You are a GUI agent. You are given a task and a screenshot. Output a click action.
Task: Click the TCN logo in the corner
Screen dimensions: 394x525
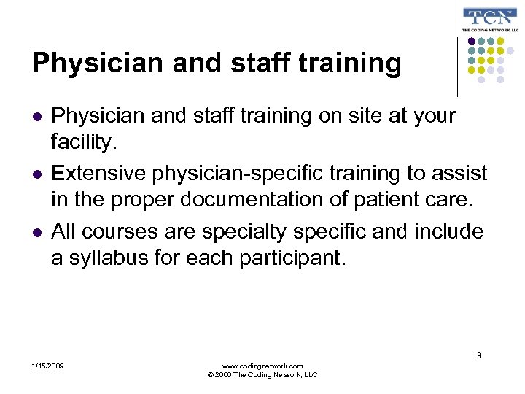pos(491,20)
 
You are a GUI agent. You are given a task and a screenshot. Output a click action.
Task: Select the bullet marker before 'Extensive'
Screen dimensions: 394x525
pos(36,174)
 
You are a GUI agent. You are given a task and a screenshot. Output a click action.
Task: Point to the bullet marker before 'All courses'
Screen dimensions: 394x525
pos(36,233)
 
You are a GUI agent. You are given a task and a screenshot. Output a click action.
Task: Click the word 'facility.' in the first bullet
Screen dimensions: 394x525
pos(84,142)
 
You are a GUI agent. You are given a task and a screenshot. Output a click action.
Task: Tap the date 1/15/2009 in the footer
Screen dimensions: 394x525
pos(48,365)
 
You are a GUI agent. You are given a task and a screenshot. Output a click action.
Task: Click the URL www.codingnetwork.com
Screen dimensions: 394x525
pos(262,365)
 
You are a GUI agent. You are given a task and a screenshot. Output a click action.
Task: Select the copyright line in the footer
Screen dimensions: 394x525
pos(262,375)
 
